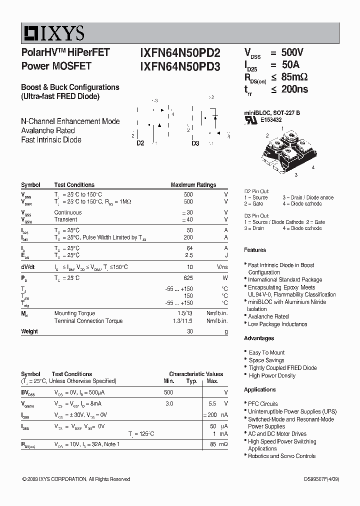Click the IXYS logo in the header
point(53,33)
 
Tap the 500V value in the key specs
point(292,52)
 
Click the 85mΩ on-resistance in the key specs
point(294,77)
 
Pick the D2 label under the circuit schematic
point(140,143)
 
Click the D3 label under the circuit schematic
point(195,143)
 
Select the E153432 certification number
point(270,120)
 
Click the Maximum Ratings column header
point(193,185)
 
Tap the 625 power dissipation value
point(188,277)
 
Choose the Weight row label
point(29,331)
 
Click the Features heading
point(255,250)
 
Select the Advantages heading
point(259,338)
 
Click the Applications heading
point(260,390)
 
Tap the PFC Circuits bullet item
point(263,404)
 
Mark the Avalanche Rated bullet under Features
point(268,316)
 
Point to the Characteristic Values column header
point(196,374)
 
